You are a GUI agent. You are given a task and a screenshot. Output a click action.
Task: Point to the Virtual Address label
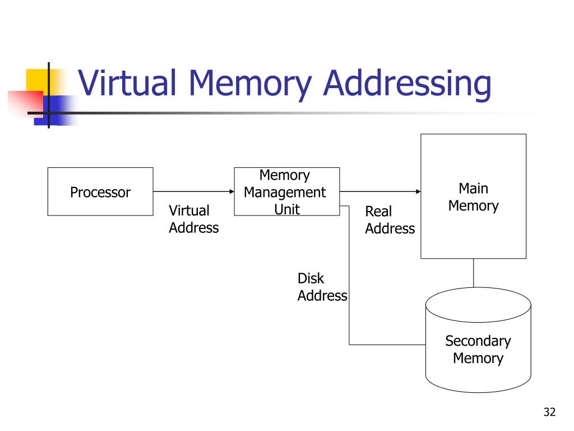(193, 219)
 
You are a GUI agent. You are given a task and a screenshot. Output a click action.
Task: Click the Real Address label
(390, 220)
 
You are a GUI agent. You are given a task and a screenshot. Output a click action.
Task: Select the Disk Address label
(322, 287)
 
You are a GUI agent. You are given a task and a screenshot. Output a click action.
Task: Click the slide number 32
(549, 412)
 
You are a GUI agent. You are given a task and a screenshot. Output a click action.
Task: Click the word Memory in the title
(250, 85)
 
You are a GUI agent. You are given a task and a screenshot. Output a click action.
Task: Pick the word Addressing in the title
(408, 85)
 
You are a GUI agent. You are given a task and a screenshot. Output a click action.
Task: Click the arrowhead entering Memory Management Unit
(232, 191)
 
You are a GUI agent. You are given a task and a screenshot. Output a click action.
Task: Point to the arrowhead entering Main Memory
(418, 191)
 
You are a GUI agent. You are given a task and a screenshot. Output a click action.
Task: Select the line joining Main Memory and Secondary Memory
(473, 273)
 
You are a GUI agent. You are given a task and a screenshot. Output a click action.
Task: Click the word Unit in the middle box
(287, 209)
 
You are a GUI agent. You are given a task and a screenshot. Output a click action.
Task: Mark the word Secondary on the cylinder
(478, 341)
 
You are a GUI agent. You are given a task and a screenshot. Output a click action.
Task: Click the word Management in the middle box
(285, 192)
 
